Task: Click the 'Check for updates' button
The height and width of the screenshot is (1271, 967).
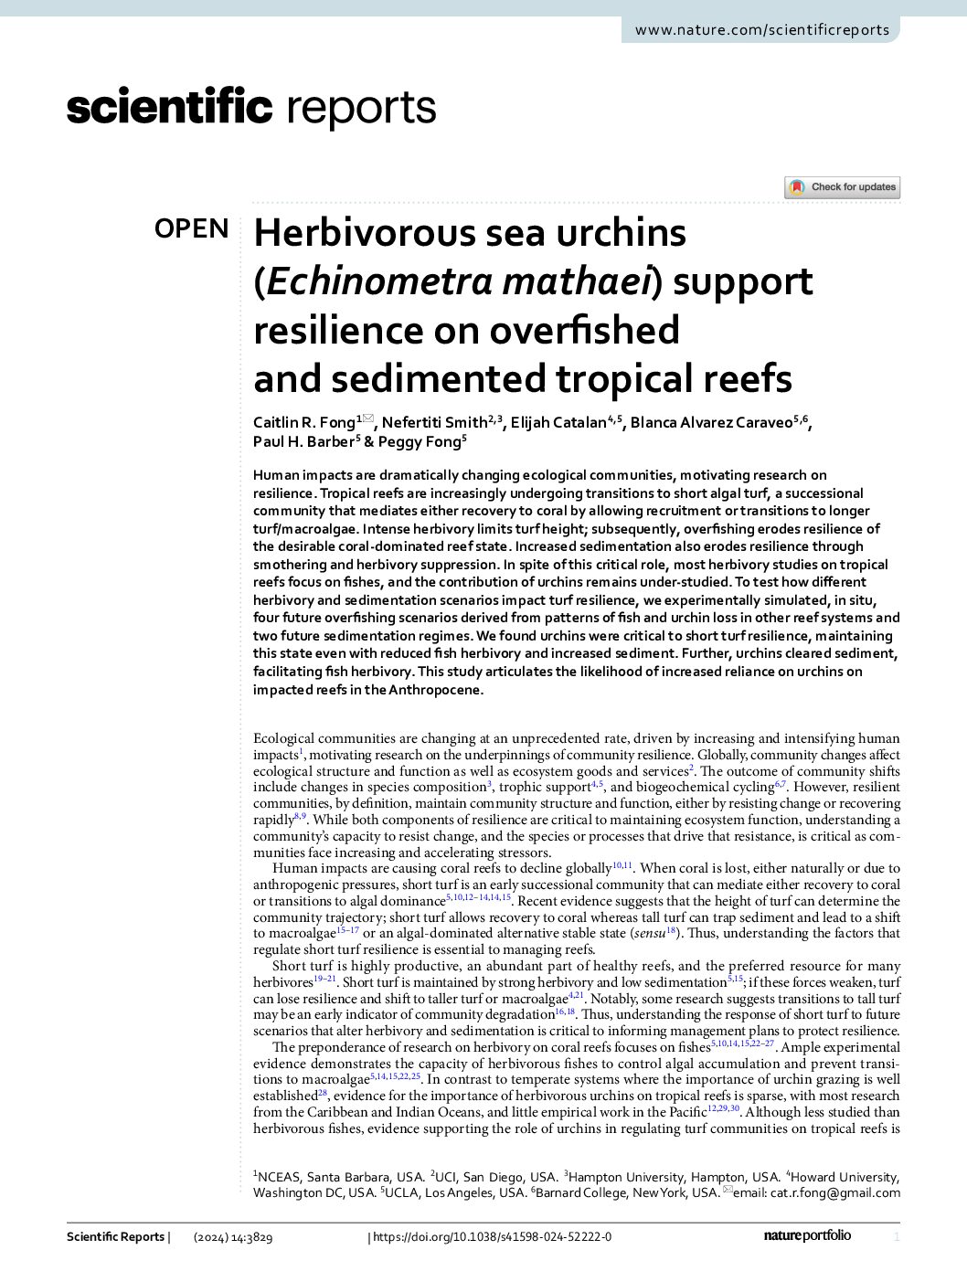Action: tap(843, 187)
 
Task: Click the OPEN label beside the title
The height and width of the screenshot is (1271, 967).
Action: tap(192, 228)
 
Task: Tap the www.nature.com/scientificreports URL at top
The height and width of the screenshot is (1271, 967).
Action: tap(761, 29)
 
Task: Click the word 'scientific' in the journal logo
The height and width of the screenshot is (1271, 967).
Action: tap(169, 107)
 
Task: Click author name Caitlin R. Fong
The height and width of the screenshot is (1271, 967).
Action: tap(303, 422)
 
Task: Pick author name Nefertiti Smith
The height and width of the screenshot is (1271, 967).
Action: tap(434, 422)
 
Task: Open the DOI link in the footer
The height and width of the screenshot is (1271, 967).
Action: tap(493, 1237)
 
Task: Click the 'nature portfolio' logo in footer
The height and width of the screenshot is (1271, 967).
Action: tap(807, 1236)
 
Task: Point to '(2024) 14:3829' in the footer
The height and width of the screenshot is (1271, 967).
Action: tap(233, 1237)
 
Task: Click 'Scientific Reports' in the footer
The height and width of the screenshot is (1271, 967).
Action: tap(115, 1237)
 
